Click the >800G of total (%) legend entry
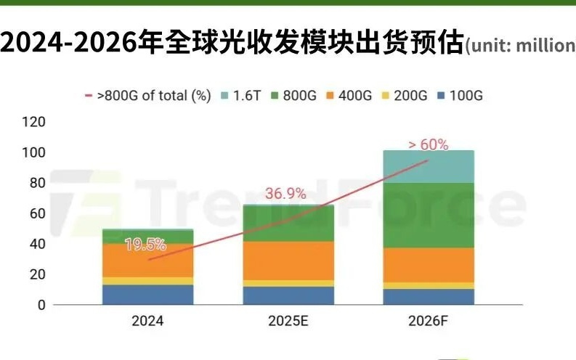[148, 96]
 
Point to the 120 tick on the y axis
[33, 122]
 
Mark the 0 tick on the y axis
[41, 305]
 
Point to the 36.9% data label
[284, 194]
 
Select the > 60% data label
[428, 144]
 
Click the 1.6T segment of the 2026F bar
[428, 166]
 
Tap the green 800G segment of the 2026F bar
[428, 215]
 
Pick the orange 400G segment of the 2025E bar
[288, 261]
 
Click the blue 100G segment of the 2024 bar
[148, 295]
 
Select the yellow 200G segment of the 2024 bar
[148, 281]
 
